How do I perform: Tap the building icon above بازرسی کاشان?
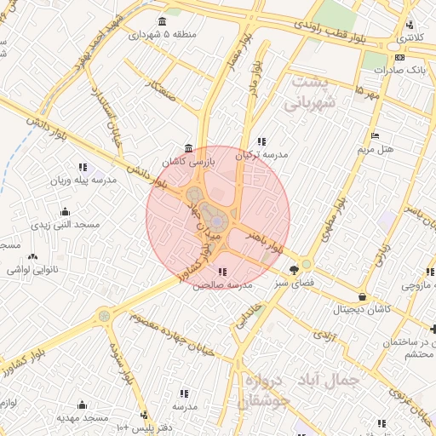tap(188, 147)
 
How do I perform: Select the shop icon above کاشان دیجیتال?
tap(364, 297)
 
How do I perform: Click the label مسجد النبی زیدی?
tap(66, 225)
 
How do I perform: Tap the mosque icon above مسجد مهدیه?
tap(83, 404)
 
